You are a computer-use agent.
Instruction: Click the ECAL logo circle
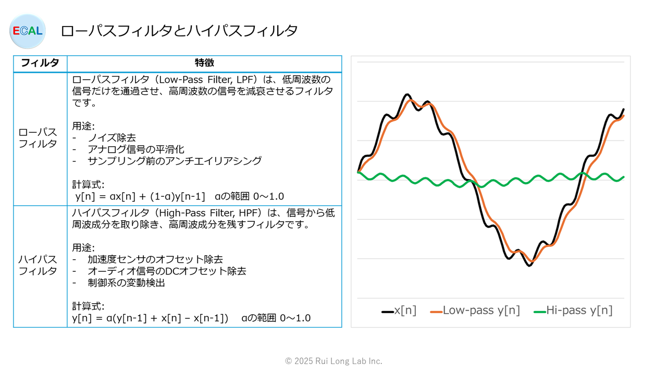click(28, 31)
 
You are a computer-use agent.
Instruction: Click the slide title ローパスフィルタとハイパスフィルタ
click(179, 31)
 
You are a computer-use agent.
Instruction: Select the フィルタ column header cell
click(40, 64)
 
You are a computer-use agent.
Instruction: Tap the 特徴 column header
click(204, 64)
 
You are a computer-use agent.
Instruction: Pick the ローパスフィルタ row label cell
click(38, 138)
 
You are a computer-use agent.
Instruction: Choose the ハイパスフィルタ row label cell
click(38, 265)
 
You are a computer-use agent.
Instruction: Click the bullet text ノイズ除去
click(112, 138)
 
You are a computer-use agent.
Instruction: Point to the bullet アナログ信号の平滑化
click(135, 149)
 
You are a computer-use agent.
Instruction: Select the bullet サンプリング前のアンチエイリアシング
click(174, 161)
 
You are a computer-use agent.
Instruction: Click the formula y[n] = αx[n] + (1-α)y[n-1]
click(141, 196)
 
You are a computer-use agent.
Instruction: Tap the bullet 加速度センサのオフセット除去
click(155, 259)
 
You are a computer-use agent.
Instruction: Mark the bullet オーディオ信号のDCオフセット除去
click(167, 271)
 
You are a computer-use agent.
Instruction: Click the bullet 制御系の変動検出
click(126, 283)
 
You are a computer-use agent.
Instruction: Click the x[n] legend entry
click(399, 310)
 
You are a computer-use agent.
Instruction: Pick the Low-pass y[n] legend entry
click(475, 310)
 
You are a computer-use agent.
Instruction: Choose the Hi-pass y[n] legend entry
click(573, 310)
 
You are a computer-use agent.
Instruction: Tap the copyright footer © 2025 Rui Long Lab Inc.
click(333, 361)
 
